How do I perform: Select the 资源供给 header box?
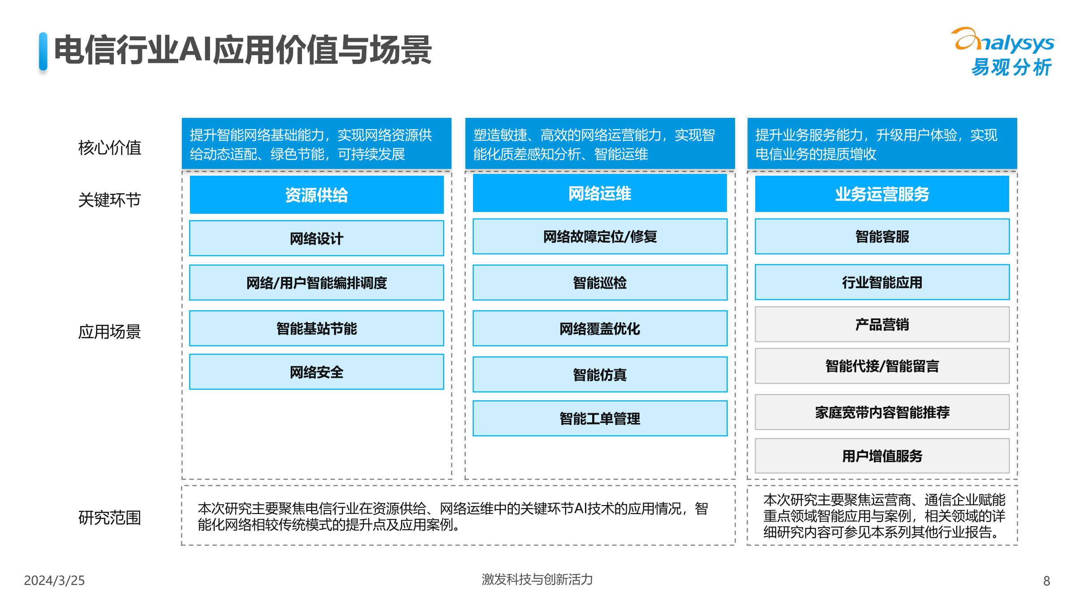pyautogui.click(x=317, y=195)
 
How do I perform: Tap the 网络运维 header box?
pyautogui.click(x=600, y=194)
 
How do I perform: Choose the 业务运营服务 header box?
pyautogui.click(x=882, y=194)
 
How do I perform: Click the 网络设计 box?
pyautogui.click(x=317, y=238)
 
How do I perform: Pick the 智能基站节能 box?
pyautogui.click(x=317, y=328)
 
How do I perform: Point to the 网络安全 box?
pyautogui.click(x=317, y=372)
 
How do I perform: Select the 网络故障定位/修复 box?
pyautogui.click(x=600, y=237)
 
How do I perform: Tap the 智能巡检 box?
pyautogui.click(x=600, y=283)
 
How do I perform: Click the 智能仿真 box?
pyautogui.click(x=600, y=375)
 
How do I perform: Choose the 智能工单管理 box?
pyautogui.click(x=600, y=419)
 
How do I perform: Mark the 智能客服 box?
pyautogui.click(x=882, y=237)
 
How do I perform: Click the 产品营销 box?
pyautogui.click(x=882, y=324)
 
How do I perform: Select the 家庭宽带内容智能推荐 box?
pyautogui.click(x=882, y=412)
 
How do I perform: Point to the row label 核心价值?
pyautogui.click(x=110, y=147)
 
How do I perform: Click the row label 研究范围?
pyautogui.click(x=110, y=518)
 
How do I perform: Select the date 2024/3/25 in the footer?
pyautogui.click(x=54, y=580)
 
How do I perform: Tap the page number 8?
pyautogui.click(x=1046, y=581)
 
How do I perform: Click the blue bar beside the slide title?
pyautogui.click(x=43, y=51)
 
